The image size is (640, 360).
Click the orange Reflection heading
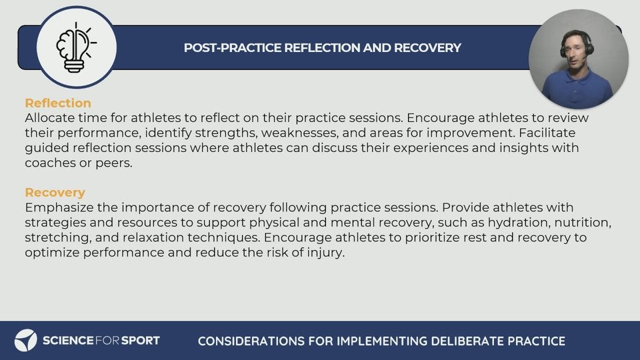(58, 103)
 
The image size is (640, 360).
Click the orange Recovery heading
(55, 192)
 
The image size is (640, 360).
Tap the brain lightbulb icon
(76, 47)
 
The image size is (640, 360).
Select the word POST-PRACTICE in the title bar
(233, 48)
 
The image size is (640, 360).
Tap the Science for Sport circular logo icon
(26, 341)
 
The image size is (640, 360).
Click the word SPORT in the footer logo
(141, 341)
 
